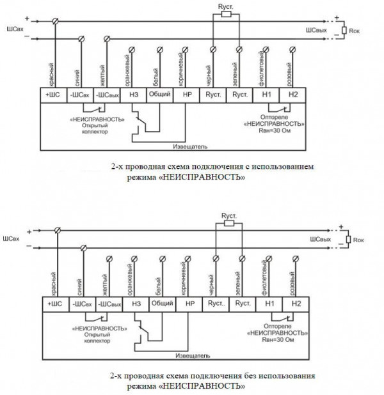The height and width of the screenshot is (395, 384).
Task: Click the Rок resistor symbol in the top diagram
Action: click(x=346, y=29)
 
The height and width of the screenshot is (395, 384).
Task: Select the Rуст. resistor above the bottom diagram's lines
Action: click(x=228, y=223)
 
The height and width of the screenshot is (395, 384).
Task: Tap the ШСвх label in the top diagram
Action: click(x=13, y=29)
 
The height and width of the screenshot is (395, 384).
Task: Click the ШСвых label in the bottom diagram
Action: click(x=320, y=239)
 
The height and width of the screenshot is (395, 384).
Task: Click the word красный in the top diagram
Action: click(x=51, y=72)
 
